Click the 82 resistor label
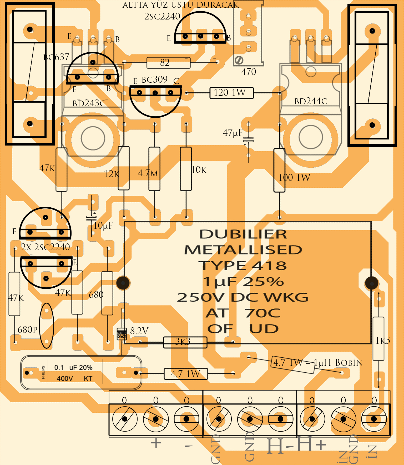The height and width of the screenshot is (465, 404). click(165, 63)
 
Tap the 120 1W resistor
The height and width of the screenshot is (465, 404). click(231, 93)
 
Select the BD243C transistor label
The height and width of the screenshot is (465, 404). click(89, 103)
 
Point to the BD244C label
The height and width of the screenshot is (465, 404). click(311, 101)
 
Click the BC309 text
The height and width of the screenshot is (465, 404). click(155, 79)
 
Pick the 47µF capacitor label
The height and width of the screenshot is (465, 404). click(233, 133)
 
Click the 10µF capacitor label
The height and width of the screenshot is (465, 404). click(103, 226)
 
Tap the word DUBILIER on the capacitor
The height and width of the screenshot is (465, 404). click(243, 234)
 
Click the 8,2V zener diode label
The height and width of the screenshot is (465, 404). click(139, 331)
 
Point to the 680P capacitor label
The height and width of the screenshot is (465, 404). click(27, 330)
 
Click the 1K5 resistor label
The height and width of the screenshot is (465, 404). click(382, 341)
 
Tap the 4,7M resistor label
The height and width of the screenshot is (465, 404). click(148, 173)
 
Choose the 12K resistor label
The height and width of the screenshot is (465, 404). click(112, 174)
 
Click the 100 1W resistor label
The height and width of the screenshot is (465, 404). click(294, 178)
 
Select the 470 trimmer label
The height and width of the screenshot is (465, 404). click(249, 72)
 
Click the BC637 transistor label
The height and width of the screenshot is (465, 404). click(56, 57)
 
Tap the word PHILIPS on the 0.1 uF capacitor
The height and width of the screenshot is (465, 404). click(43, 372)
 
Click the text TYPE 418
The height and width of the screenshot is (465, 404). click(243, 266)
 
